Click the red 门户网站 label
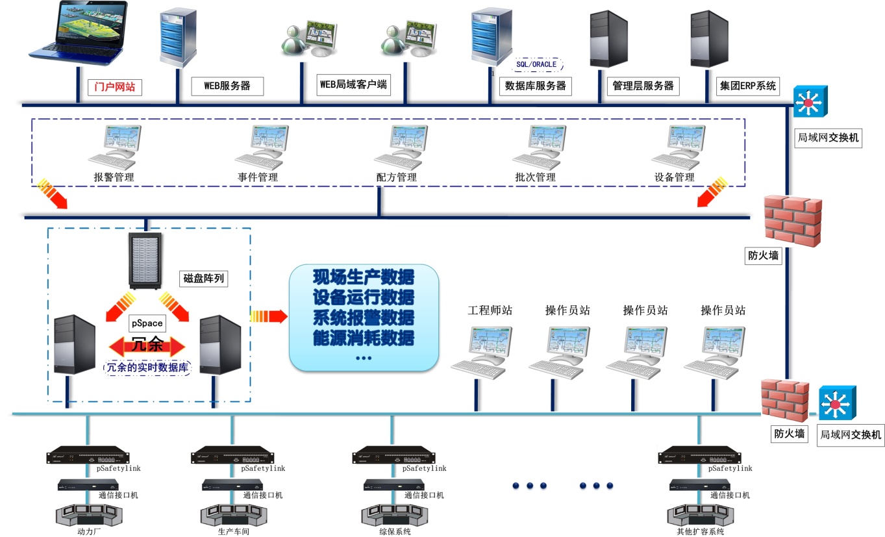[x=115, y=86]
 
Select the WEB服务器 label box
[x=227, y=86]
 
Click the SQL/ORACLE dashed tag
[x=536, y=64]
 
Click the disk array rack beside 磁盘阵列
[x=146, y=261]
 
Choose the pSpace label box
[x=147, y=323]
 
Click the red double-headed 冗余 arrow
[x=147, y=345]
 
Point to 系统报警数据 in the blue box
[x=364, y=318]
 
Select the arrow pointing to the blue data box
[x=268, y=316]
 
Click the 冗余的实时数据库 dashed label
[x=147, y=368]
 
